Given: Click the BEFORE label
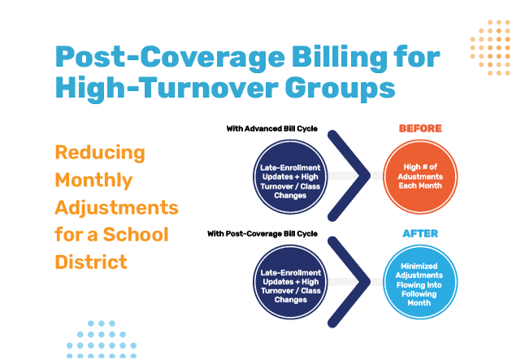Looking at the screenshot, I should (420, 128).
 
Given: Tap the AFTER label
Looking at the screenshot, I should (420, 234).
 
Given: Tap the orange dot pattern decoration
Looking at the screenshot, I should (491, 46).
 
